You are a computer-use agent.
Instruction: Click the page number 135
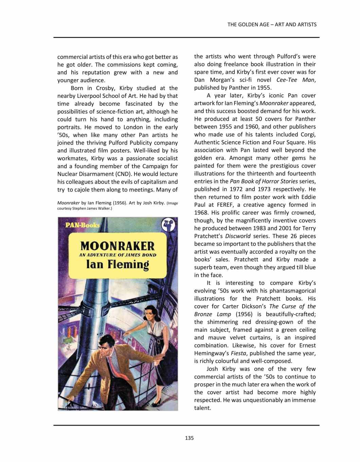pos(189,438)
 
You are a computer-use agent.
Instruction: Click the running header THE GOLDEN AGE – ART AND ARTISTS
pos(272,24)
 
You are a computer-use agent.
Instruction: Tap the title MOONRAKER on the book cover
pos(118,245)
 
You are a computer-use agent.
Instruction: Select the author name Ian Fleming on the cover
pos(118,264)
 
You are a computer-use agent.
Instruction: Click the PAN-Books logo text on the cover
pos(82,225)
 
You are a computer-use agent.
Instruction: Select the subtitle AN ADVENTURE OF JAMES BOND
pos(118,255)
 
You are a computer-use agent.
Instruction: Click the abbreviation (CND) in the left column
pos(122,174)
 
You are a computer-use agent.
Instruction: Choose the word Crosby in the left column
pos(106,88)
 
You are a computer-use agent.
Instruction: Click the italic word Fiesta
pos(238,353)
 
